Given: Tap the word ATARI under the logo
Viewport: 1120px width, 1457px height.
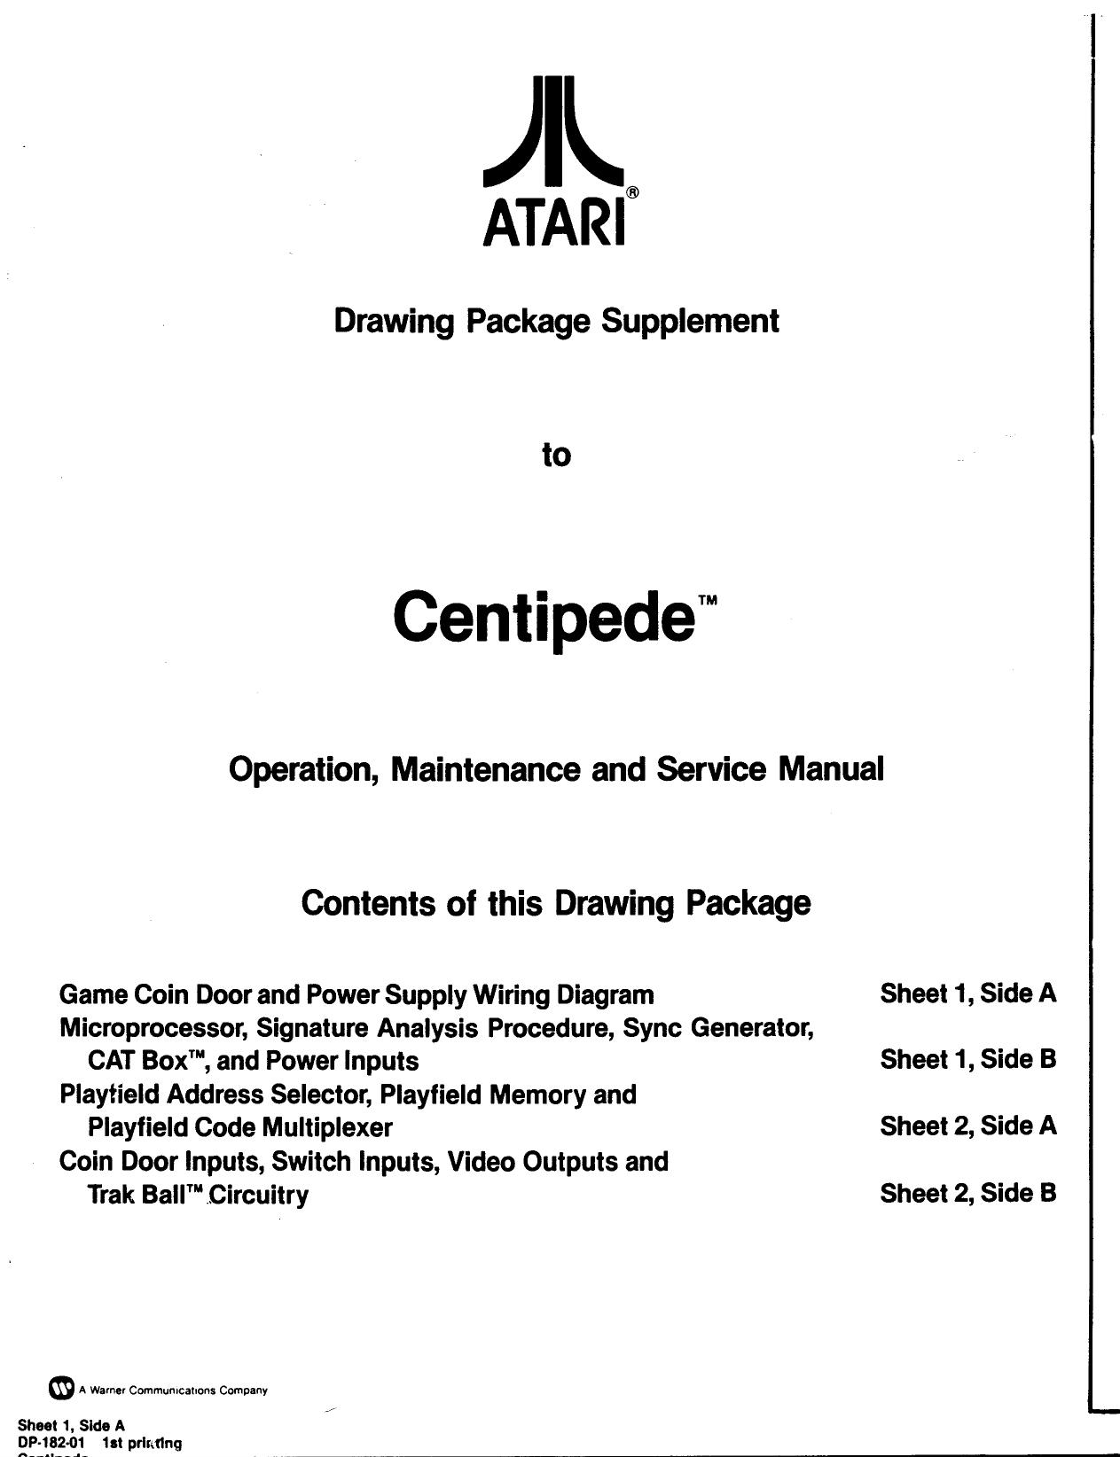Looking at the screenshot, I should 554,224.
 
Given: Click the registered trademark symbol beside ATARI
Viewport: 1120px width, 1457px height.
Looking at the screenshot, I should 632,191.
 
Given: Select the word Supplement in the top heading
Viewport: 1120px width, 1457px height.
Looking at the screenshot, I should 690,320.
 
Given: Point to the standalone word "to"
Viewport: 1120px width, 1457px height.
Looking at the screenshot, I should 556,456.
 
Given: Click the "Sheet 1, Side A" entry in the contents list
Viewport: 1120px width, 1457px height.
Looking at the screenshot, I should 967,993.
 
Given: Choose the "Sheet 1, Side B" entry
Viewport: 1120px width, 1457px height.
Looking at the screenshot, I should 967,1059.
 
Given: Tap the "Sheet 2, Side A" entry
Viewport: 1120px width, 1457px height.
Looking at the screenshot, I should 967,1126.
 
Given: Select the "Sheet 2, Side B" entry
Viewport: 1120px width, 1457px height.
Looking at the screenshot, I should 967,1193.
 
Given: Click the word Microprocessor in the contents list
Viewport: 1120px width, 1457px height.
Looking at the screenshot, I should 153,1028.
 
